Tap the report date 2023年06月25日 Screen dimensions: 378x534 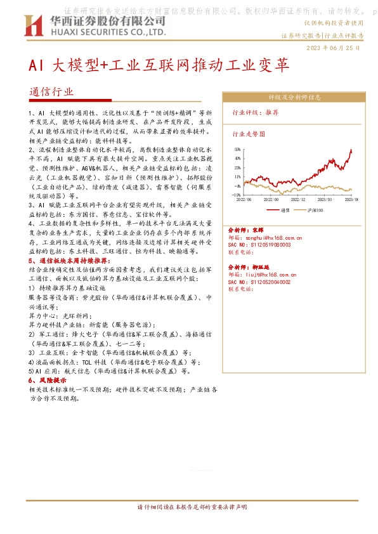coord(335,48)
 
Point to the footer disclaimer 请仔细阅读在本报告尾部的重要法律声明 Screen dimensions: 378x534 coord(188,507)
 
